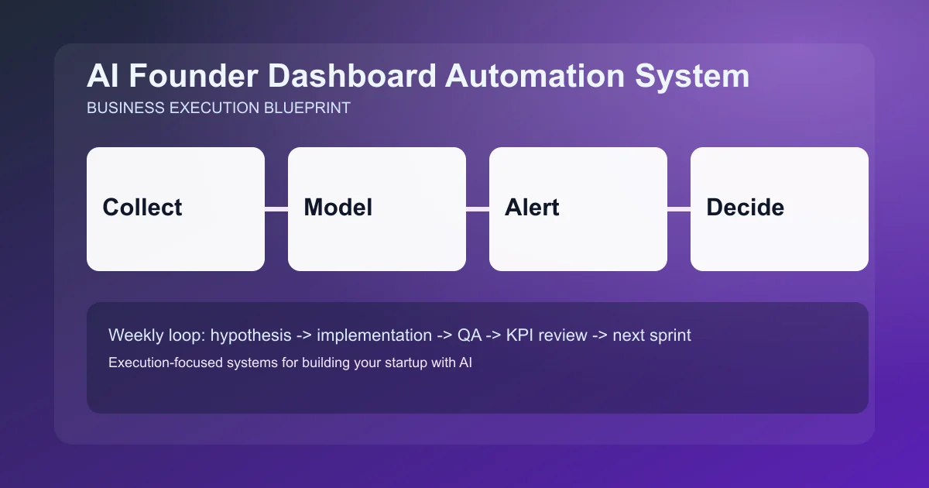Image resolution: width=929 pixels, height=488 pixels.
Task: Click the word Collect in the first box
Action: [142, 208]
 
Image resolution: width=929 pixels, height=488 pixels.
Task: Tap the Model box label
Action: [338, 208]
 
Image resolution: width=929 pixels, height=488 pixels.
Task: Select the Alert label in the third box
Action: [532, 208]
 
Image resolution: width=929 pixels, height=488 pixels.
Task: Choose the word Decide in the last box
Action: [745, 208]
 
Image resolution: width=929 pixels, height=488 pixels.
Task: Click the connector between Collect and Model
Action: [276, 208]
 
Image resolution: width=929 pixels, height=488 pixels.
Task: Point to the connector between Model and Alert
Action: [478, 208]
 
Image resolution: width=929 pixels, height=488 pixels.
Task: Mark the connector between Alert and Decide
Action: [679, 208]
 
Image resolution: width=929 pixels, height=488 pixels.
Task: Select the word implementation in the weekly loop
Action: [374, 336]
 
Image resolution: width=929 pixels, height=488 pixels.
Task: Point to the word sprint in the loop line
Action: [670, 336]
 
